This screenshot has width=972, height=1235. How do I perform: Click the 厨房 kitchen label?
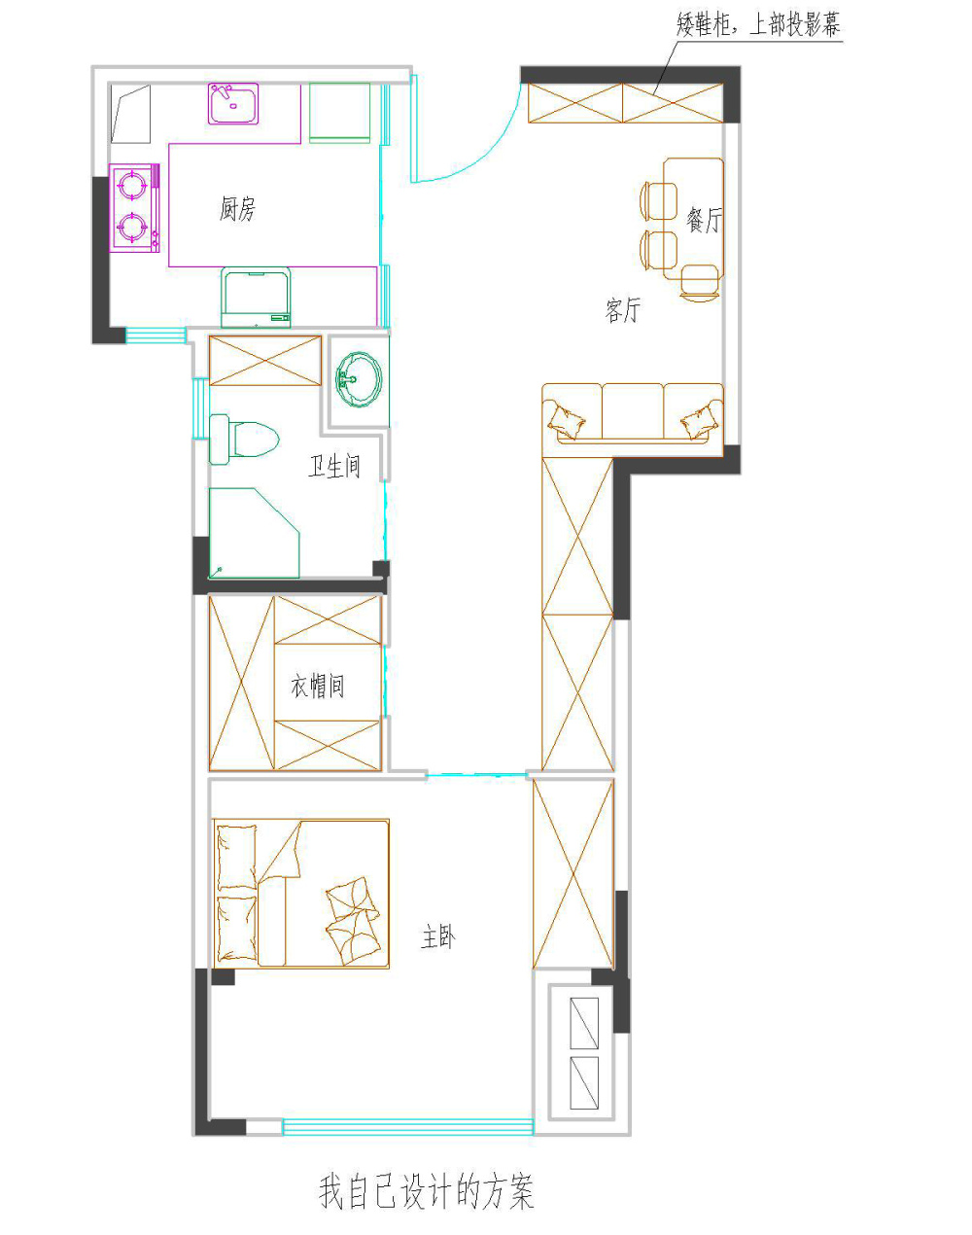pos(237,208)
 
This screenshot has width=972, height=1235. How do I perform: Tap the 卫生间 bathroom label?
pos(334,466)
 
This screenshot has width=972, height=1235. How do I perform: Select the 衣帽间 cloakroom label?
pos(317,686)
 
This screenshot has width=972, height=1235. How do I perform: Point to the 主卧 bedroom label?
pos(438,937)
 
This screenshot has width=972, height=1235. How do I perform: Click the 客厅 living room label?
pos(622,310)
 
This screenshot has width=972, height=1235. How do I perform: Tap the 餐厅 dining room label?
pos(704,220)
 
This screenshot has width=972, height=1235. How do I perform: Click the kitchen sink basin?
pos(233,104)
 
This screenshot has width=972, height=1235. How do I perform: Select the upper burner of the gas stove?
pos(132,185)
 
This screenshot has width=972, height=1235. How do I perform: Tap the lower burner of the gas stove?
pos(132,229)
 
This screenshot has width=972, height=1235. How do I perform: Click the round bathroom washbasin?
pos(359,379)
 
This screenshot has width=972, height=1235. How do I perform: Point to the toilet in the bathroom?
pos(244,439)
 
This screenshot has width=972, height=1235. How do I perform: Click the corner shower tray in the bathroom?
pos(255,533)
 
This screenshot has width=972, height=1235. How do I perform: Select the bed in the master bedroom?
pos(301,894)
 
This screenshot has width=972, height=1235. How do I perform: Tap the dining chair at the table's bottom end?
pos(700,282)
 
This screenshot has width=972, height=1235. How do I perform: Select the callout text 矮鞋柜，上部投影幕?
pos(758,24)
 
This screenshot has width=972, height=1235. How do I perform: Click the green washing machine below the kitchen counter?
pos(256,298)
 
